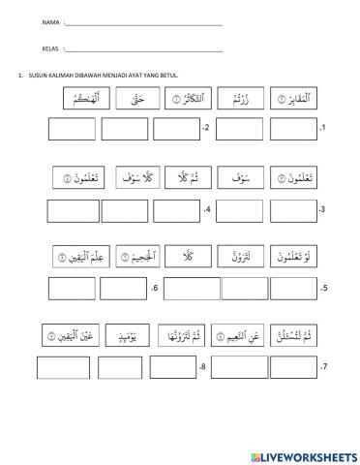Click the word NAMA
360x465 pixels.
click(24, 22)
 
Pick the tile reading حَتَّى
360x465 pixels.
click(133, 99)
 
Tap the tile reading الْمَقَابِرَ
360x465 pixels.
click(294, 99)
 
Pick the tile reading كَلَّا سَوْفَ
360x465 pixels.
click(131, 177)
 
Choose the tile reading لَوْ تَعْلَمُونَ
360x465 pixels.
click(295, 256)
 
